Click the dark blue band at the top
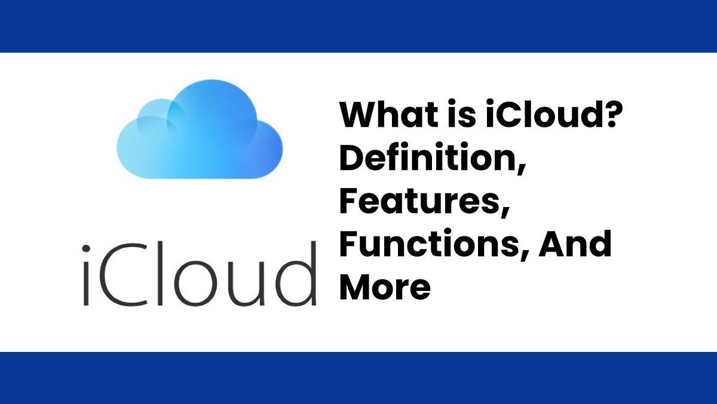point(358,26)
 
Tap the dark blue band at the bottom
point(358,378)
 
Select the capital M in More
point(360,287)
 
